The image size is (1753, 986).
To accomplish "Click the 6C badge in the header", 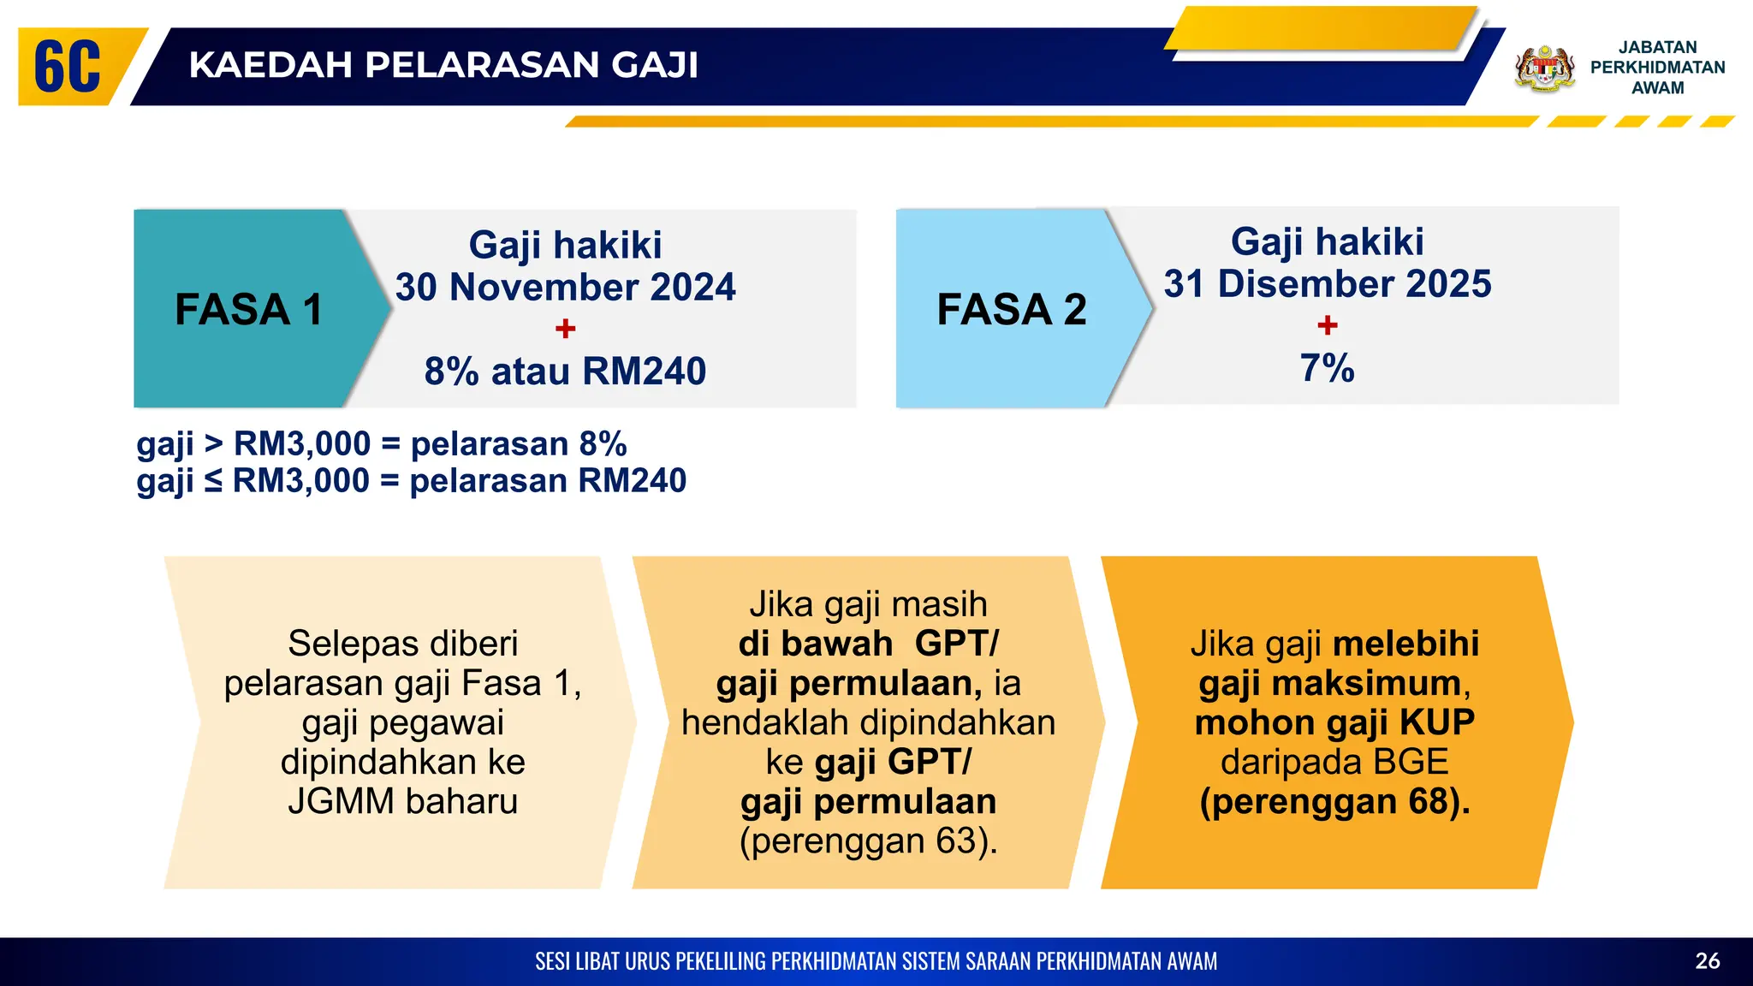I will [x=68, y=67].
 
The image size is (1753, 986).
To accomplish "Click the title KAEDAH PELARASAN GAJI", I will [x=443, y=65].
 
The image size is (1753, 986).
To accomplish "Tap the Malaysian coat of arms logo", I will [x=1545, y=68].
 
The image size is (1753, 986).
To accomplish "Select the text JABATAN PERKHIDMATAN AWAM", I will [x=1657, y=68].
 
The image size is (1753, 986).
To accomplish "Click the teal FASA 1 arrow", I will [x=248, y=309].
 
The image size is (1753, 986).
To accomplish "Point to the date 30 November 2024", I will [x=565, y=287].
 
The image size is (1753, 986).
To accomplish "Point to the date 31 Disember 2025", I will [x=1328, y=284].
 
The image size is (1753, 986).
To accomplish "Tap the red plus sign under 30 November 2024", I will [x=565, y=329].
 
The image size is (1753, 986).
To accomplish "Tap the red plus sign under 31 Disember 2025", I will [x=1328, y=325].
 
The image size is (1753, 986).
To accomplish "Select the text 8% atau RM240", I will [x=565, y=371].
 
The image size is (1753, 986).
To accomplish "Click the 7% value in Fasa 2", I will [x=1328, y=368].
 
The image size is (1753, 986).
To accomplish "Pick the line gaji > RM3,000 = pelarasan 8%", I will [x=382, y=444].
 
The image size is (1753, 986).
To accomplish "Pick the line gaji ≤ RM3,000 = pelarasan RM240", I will [x=411, y=481].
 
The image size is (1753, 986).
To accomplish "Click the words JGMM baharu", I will [x=402, y=802].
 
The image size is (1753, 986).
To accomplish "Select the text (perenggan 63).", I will [x=868, y=841].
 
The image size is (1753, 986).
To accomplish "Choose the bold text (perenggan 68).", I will [x=1334, y=802].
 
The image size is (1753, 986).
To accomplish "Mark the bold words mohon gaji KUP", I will [x=1334, y=723].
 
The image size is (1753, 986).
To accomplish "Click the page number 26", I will [x=1707, y=961].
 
